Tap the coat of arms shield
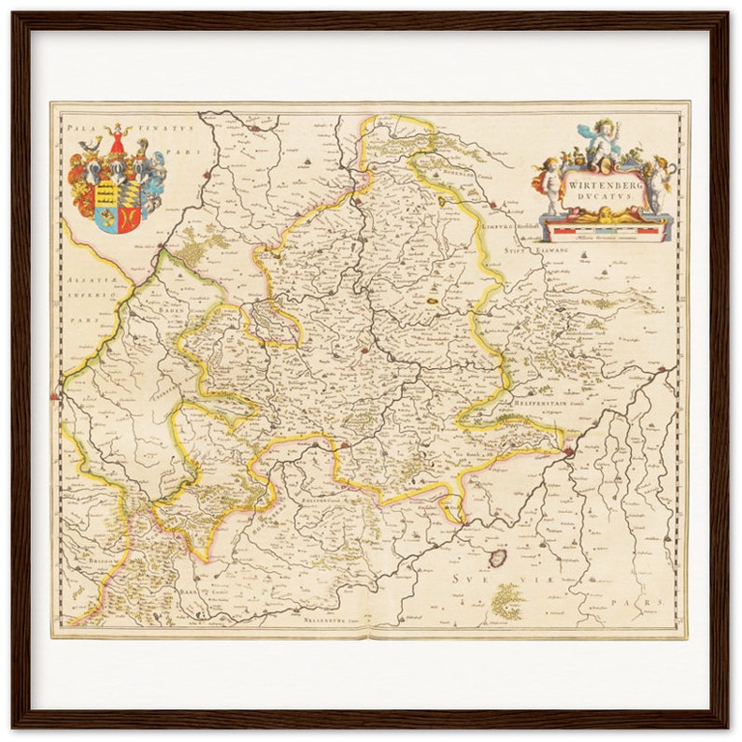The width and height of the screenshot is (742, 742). point(116,200)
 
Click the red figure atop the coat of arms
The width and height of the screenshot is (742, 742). point(118,141)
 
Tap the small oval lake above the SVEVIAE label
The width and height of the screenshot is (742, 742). point(498,558)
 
